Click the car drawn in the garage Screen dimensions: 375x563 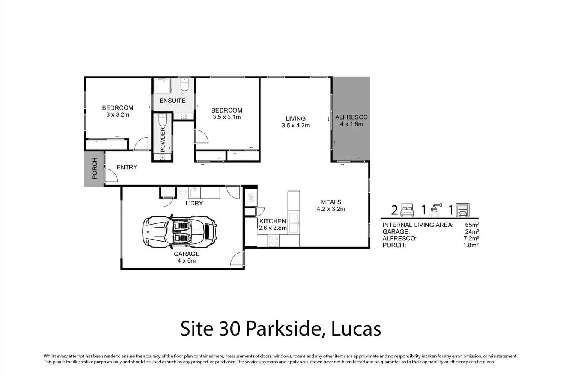[x=179, y=231]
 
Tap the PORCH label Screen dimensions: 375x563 [x=95, y=169]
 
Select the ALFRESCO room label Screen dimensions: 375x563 [x=351, y=117]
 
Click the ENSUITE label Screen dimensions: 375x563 [x=172, y=100]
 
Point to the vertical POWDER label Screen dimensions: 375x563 [x=163, y=140]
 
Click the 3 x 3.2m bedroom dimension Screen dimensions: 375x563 [x=117, y=115]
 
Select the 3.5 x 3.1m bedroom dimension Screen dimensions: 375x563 [x=226, y=117]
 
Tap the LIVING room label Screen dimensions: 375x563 [x=295, y=118]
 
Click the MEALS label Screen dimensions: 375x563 [x=331, y=202]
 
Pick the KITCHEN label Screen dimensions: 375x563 [x=273, y=221]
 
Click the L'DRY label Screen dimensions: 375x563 [x=194, y=203]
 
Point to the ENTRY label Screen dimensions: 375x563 [x=127, y=167]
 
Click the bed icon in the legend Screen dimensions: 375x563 [x=407, y=210]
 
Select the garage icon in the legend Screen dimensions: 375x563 [x=462, y=210]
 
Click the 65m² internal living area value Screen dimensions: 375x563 [x=472, y=225]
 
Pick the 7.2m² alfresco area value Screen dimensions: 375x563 [x=471, y=238]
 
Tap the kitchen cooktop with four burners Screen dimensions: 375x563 [x=273, y=240]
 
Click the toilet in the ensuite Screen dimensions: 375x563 [x=184, y=85]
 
